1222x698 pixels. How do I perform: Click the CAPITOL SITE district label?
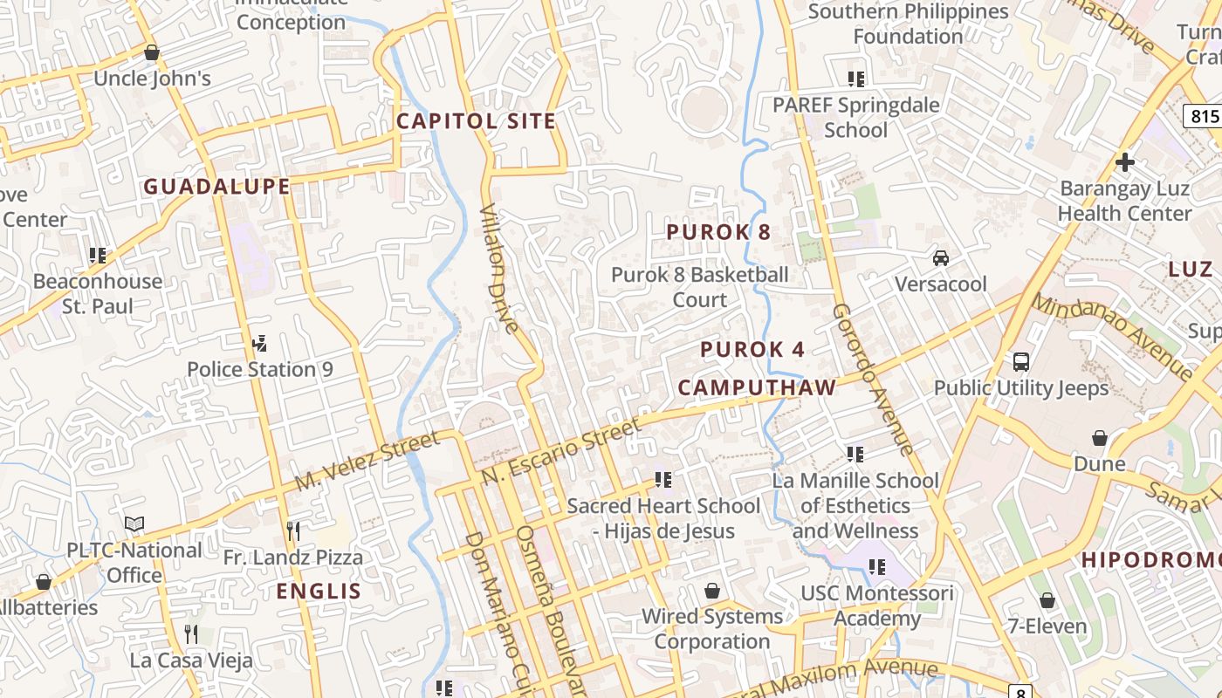point(476,121)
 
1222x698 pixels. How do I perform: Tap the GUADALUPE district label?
point(216,187)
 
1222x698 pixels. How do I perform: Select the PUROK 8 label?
point(718,232)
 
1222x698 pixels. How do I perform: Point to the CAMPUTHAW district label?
point(757,387)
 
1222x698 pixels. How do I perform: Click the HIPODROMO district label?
point(1150,560)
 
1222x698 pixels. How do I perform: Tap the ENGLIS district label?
point(319,592)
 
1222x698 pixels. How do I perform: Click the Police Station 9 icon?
point(259,343)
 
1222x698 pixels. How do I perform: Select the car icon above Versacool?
point(941,258)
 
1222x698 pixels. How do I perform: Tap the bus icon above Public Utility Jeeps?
point(1020,361)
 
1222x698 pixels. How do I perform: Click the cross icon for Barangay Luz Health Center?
point(1124,162)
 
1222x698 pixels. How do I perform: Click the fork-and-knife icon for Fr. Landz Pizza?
point(293,530)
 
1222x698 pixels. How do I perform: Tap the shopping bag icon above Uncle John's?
point(152,53)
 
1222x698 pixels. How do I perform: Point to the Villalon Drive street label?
point(500,269)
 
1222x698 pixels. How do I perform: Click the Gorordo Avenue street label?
point(872,379)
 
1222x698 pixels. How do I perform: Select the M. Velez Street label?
point(367,461)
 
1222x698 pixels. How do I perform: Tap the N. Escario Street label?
point(560,451)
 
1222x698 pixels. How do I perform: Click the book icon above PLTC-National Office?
point(134,524)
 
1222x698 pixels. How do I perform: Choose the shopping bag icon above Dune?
point(1099,438)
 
